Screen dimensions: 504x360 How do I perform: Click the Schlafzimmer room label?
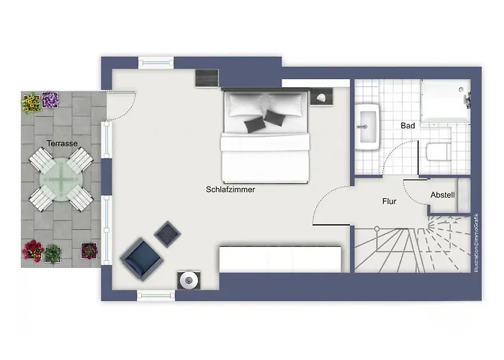tap(230, 189)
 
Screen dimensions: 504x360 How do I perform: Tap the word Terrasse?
tap(62, 143)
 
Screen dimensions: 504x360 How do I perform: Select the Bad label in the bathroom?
tap(408, 126)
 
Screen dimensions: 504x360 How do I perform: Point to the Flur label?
tap(390, 201)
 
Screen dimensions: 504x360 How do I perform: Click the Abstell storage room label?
tap(443, 195)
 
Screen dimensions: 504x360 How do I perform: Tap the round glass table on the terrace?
tap(61, 179)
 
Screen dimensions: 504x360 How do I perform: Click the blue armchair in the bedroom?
tap(141, 259)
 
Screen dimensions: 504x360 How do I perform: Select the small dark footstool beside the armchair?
tap(167, 234)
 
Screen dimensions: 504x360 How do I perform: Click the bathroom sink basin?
tap(367, 127)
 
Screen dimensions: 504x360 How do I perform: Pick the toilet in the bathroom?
tap(437, 152)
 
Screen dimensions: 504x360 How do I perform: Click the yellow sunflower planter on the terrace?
tap(32, 103)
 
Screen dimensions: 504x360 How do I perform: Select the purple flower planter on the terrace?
tap(50, 100)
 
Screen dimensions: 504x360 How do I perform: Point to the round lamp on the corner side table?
tap(189, 281)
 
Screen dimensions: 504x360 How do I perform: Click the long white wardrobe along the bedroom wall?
tap(280, 259)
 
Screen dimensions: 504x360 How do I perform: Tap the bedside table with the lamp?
tap(322, 97)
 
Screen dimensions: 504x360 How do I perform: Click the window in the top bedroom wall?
tap(156, 63)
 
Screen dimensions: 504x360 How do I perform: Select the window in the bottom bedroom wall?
tap(156, 296)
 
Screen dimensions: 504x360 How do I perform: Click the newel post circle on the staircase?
tap(377, 229)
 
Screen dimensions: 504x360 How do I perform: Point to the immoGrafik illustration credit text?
tap(476, 243)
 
